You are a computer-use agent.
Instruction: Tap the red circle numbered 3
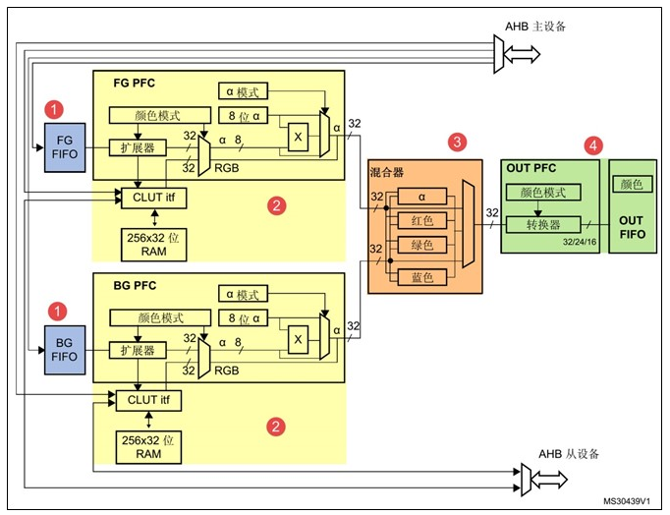[456, 143]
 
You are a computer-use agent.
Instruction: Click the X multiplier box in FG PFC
[297, 138]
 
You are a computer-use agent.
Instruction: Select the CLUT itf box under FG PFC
[148, 197]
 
